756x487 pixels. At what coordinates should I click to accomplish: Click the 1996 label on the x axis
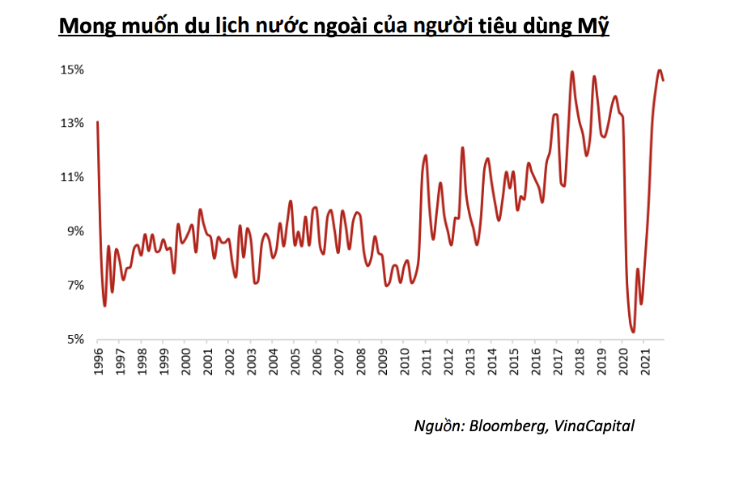pyautogui.click(x=98, y=362)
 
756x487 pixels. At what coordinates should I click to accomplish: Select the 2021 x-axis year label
pyautogui.click(x=644, y=362)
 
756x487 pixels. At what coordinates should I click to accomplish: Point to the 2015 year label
pyautogui.click(x=513, y=362)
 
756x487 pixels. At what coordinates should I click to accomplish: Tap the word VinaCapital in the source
pyautogui.click(x=594, y=426)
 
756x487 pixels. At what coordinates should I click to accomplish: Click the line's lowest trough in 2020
pyautogui.click(x=633, y=331)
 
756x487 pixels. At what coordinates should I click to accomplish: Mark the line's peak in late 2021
pyautogui.click(x=660, y=70)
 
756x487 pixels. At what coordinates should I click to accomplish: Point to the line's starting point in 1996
pyautogui.click(x=98, y=122)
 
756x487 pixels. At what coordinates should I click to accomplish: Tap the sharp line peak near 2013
pyautogui.click(x=462, y=148)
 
